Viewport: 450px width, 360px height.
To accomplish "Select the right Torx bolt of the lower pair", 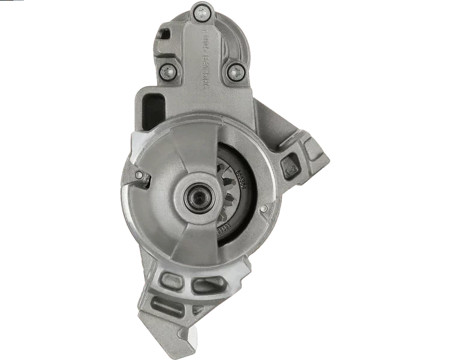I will tap(233, 74).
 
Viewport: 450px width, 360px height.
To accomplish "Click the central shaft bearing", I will tap(197, 196).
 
